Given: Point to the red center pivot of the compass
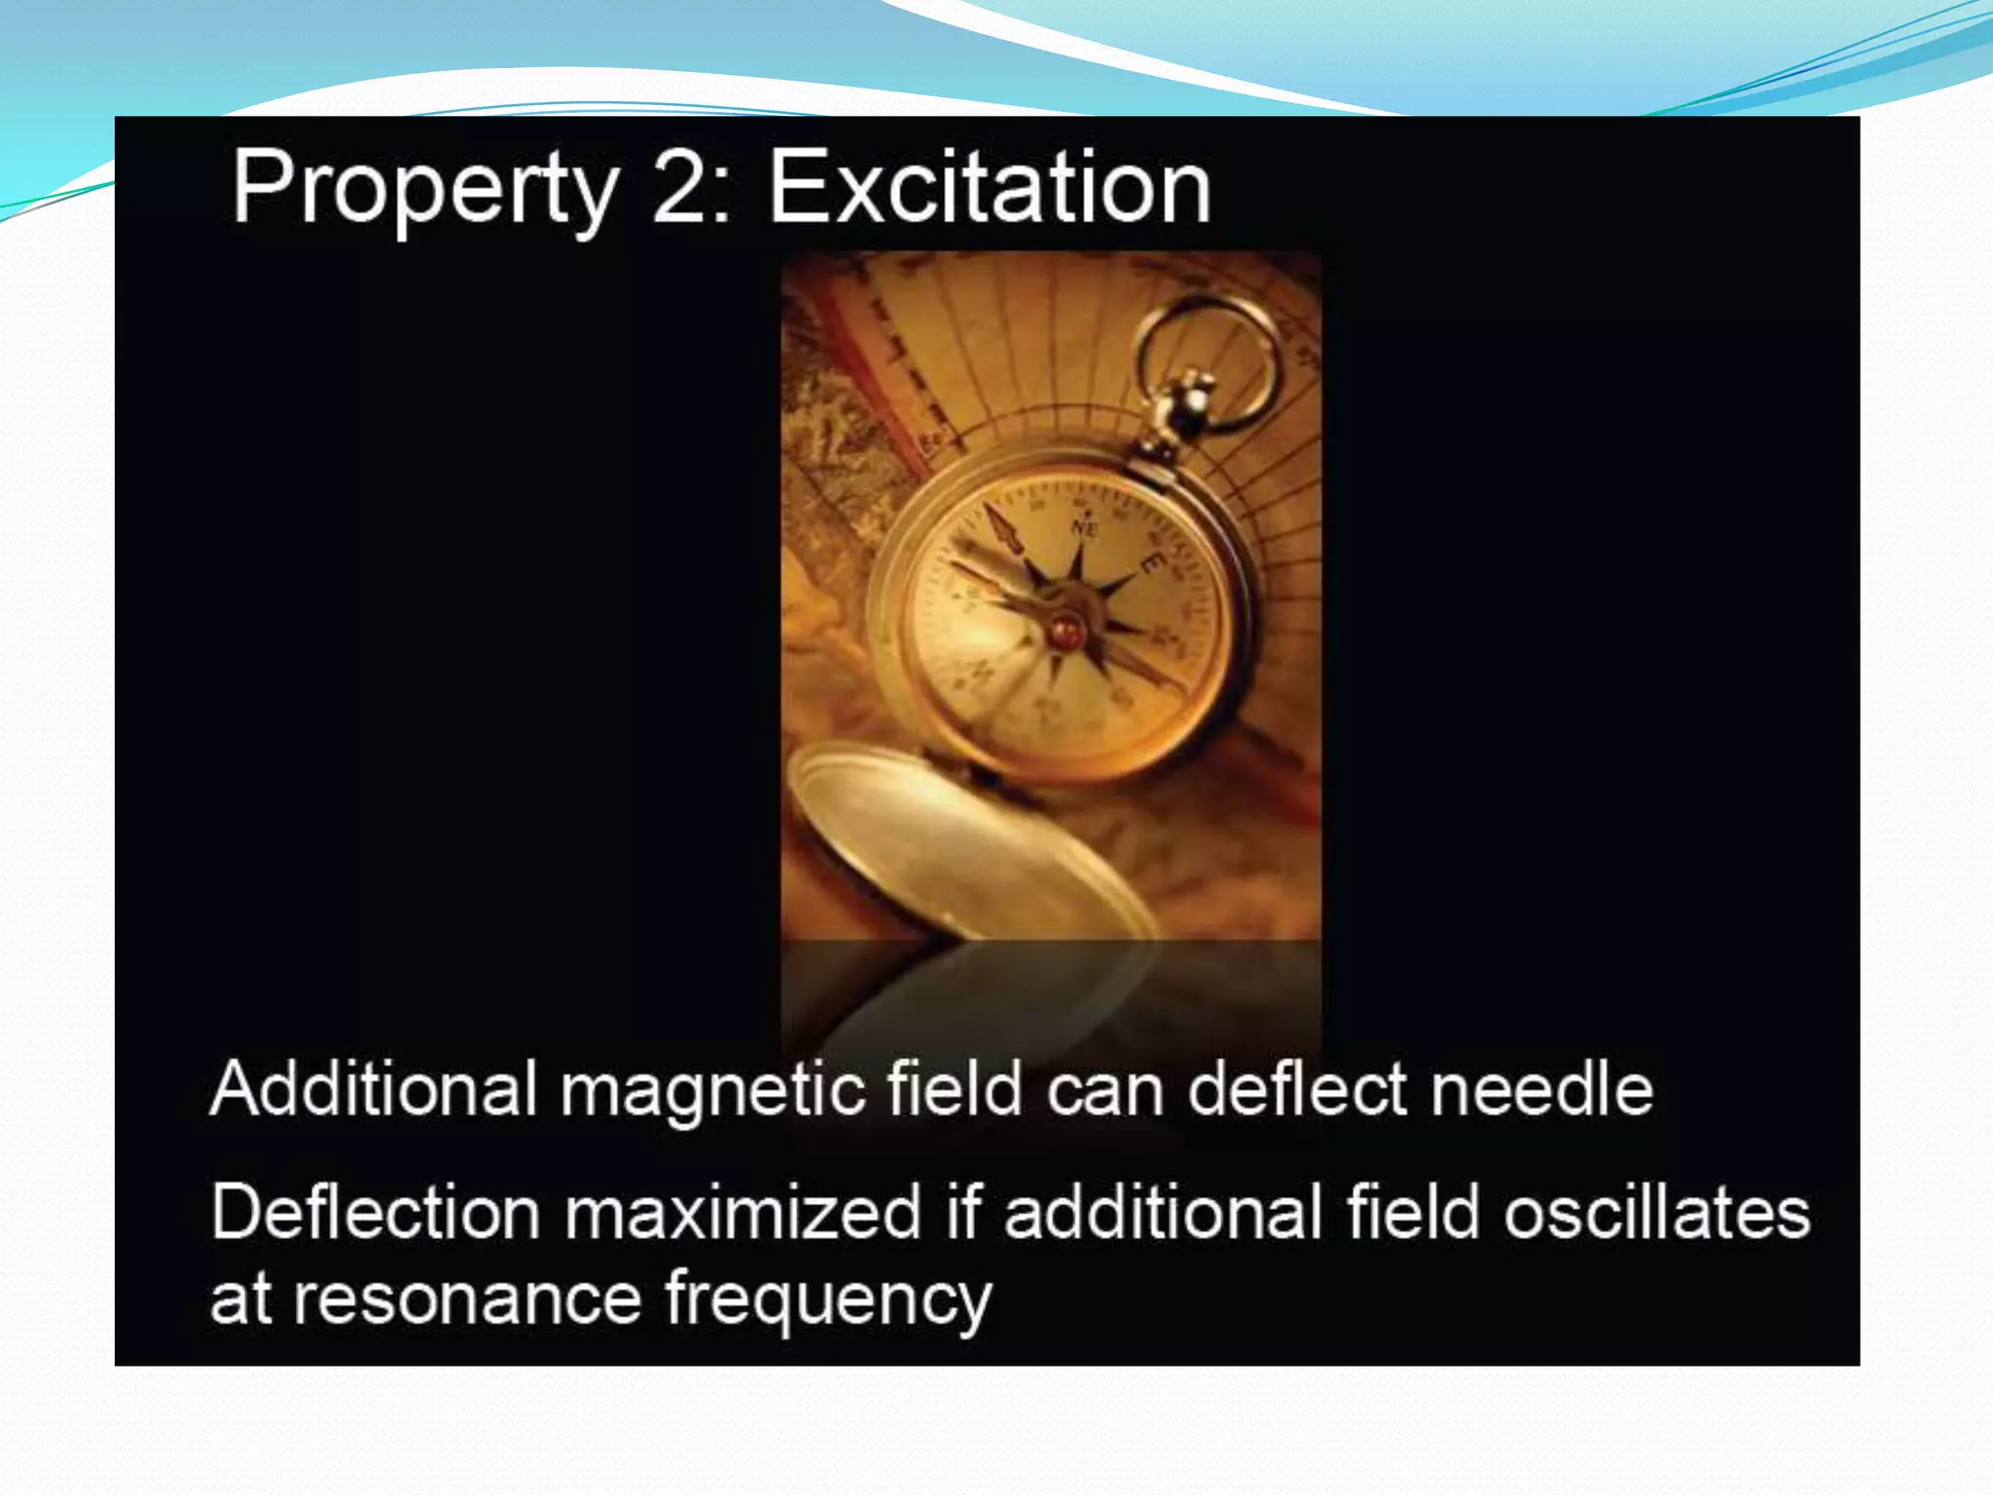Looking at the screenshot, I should click(x=1065, y=632).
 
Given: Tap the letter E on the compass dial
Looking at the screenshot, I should click(x=1153, y=563).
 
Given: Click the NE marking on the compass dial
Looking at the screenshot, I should click(x=1085, y=527).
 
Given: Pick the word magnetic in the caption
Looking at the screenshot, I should click(x=712, y=1090).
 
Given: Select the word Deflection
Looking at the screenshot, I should click(x=375, y=1213).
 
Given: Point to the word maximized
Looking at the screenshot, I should click(x=742, y=1213).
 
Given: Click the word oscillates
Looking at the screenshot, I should click(x=1656, y=1213).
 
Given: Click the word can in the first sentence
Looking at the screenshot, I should click(x=1105, y=1090).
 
